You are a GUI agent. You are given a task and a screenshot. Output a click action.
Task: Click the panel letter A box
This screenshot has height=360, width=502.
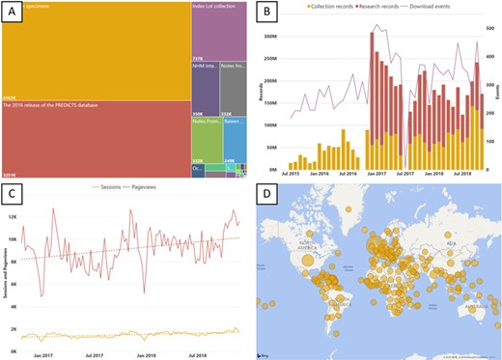[x=17, y=14]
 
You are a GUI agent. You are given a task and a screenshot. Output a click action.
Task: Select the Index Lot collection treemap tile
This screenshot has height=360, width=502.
[x=219, y=39]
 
